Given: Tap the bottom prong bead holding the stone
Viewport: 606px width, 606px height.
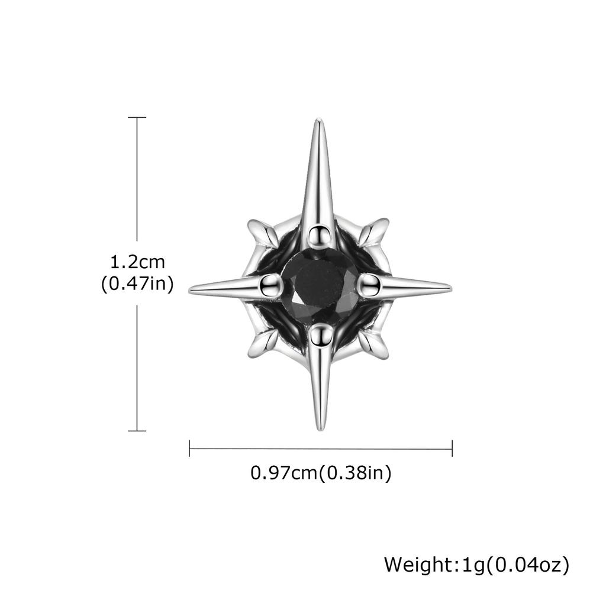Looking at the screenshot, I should click(320, 336).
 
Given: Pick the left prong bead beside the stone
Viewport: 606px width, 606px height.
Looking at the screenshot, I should click(271, 285).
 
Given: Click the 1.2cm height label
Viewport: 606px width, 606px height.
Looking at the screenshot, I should click(137, 261).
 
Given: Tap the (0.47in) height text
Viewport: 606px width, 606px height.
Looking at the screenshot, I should click(137, 284).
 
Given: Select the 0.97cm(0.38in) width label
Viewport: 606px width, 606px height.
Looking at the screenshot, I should click(321, 473).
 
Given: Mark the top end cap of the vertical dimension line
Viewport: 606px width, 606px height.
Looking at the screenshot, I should click(137, 118).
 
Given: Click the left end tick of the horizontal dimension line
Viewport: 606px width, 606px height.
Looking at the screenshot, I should click(189, 448).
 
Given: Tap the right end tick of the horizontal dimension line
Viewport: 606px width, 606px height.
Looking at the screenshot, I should click(452, 448).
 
